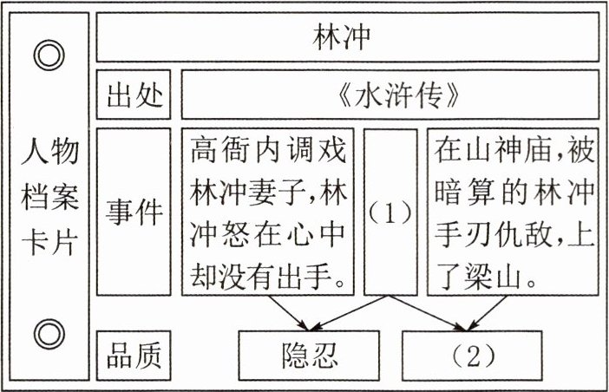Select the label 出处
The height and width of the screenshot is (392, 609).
[135, 95]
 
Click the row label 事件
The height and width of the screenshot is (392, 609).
[135, 213]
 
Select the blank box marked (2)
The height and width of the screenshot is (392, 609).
[473, 356]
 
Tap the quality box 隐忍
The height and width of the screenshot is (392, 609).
[310, 356]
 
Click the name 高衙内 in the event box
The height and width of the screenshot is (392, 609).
[228, 152]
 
